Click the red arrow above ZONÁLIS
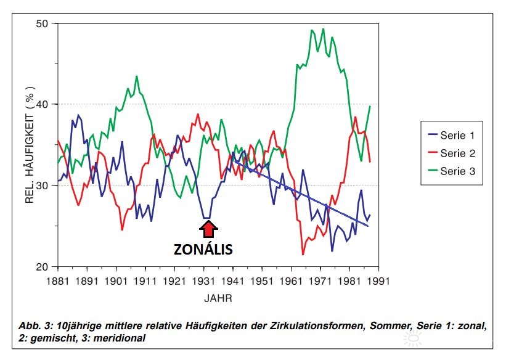click(x=208, y=229)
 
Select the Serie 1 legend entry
click(x=457, y=134)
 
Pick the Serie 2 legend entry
click(x=457, y=153)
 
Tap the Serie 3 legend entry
click(x=457, y=172)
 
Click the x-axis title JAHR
click(x=218, y=298)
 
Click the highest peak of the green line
click(x=323, y=29)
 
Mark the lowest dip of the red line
click(x=303, y=254)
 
